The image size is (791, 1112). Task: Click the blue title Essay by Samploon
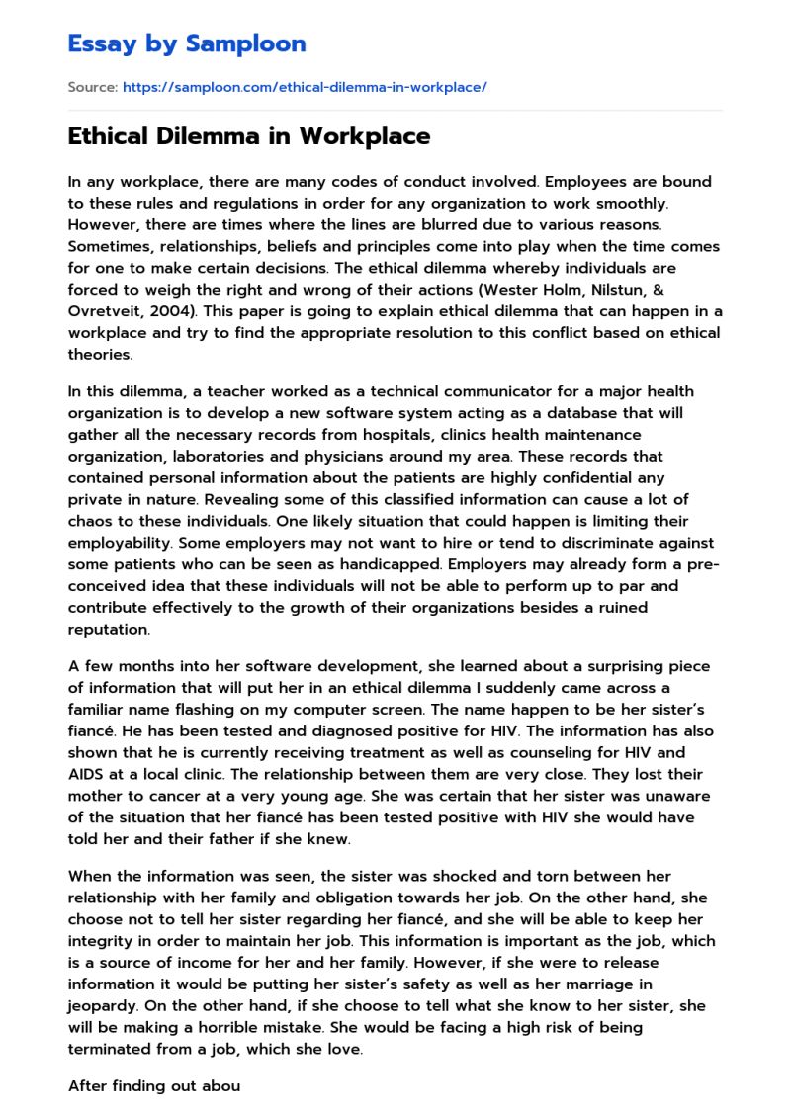pyautogui.click(x=187, y=43)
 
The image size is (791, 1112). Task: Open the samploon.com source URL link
pyautogui.click(x=305, y=88)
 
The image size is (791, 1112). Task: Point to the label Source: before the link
pyautogui.click(x=92, y=88)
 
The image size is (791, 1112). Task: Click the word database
pyautogui.click(x=536, y=412)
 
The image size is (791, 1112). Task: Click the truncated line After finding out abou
pyautogui.click(x=154, y=1085)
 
